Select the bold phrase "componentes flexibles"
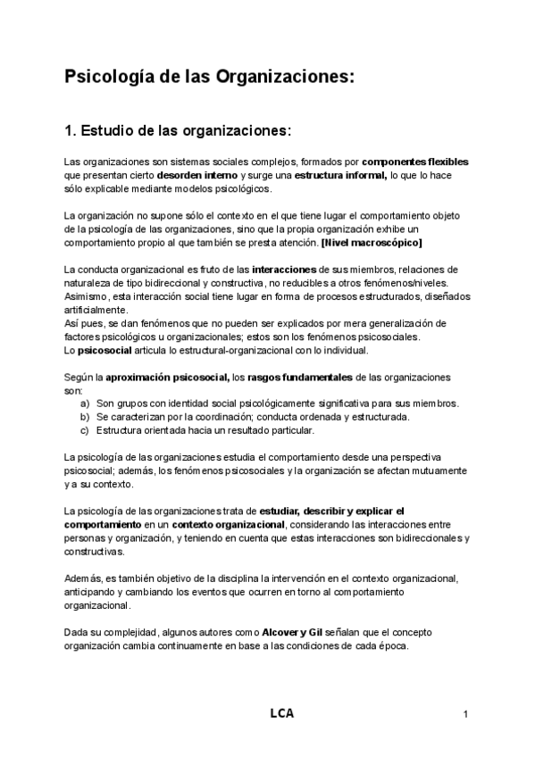(415, 162)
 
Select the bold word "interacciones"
(279, 270)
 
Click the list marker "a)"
(85, 403)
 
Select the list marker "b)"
(85, 417)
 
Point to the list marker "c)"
(85, 430)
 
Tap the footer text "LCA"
(281, 713)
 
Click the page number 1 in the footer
(466, 714)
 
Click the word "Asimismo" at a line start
(88, 296)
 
